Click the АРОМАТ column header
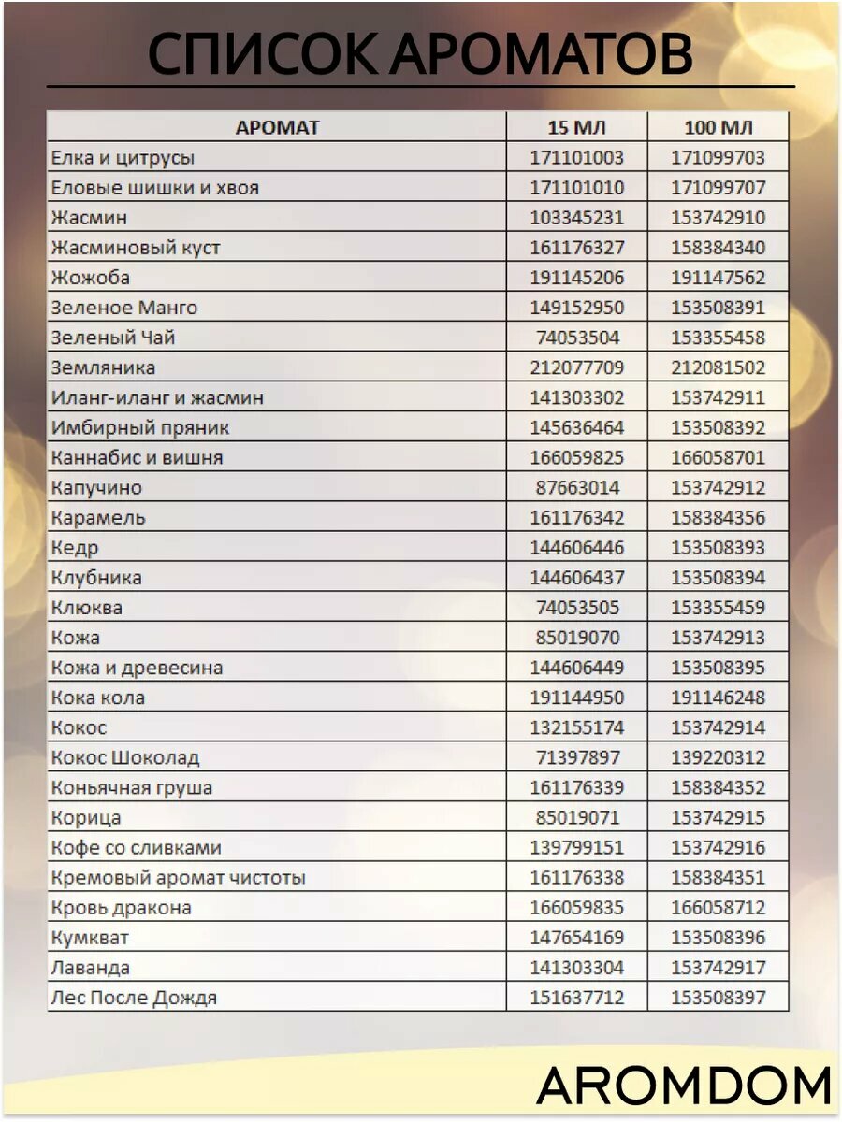pyautogui.click(x=277, y=128)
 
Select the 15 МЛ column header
pyautogui.click(x=576, y=128)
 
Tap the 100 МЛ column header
pyautogui.click(x=718, y=128)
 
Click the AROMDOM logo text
pyautogui.click(x=684, y=1086)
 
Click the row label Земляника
pyautogui.click(x=103, y=367)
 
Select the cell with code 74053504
pyautogui.click(x=576, y=338)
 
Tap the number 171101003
pyautogui.click(x=576, y=158)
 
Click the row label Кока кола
pyautogui.click(x=98, y=698)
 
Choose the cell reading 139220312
pyautogui.click(x=718, y=757)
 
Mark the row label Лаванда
pyautogui.click(x=91, y=968)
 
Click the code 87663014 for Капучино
pyautogui.click(x=576, y=487)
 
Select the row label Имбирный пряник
pyautogui.click(x=140, y=427)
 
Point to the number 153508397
pyautogui.click(x=718, y=998)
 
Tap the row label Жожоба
pyautogui.click(x=91, y=278)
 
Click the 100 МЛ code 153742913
pyautogui.click(x=718, y=638)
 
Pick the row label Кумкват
pyautogui.click(x=91, y=938)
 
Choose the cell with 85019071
pyautogui.click(x=576, y=817)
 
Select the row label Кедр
pyautogui.click(x=75, y=548)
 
